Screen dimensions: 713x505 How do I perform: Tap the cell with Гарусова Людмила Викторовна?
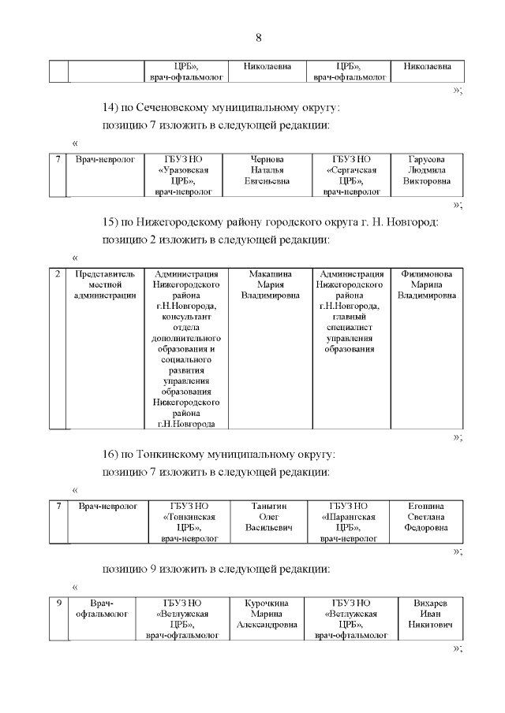[x=425, y=169]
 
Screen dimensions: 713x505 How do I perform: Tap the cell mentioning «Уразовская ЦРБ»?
[x=183, y=175]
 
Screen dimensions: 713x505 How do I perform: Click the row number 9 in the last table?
[x=58, y=603]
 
